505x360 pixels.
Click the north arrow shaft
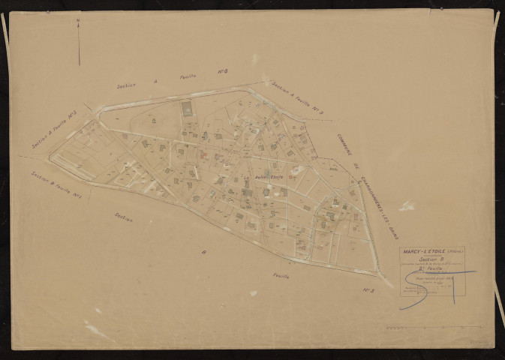click(x=78, y=45)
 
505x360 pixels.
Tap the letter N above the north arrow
click(x=78, y=21)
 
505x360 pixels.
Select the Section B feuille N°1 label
click(x=56, y=186)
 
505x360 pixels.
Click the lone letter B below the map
click(x=202, y=253)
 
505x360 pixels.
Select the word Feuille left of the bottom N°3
click(x=281, y=276)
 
